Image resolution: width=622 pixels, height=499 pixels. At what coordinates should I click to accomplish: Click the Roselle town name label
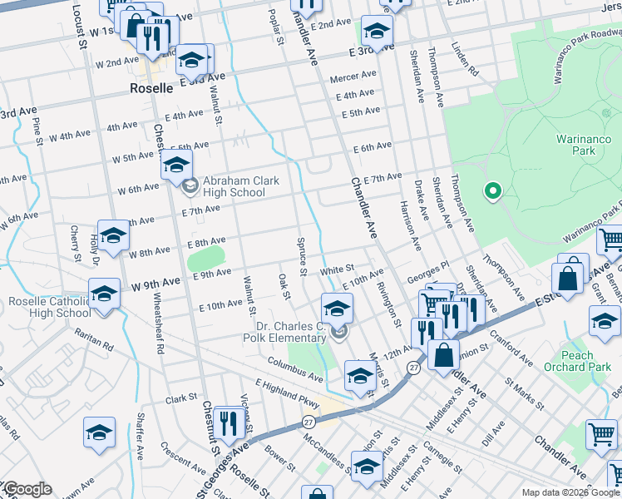point(151,87)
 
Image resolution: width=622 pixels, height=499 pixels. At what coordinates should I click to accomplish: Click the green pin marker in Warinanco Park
point(492,191)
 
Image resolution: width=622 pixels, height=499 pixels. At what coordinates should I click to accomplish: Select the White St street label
point(338,270)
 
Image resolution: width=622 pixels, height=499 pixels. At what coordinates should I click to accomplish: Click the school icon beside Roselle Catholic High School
point(105,295)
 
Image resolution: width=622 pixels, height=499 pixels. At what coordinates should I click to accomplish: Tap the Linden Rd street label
point(466,60)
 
